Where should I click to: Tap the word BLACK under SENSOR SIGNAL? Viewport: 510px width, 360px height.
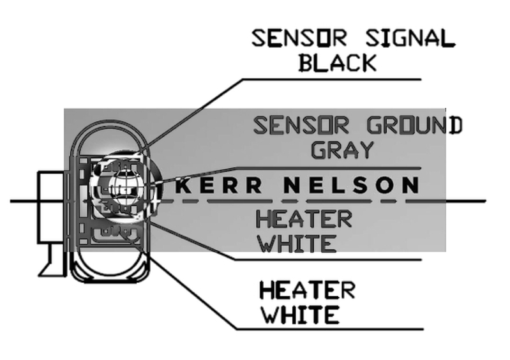tap(338, 63)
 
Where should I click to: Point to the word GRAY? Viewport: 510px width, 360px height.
tap(342, 149)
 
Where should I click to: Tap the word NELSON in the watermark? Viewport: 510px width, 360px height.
tap(350, 186)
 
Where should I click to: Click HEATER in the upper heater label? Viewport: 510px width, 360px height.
tap(303, 219)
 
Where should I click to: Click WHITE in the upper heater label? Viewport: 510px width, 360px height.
tap(295, 243)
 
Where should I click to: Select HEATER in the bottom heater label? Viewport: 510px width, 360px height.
tap(306, 290)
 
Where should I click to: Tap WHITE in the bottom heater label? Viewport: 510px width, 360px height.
tap(298, 315)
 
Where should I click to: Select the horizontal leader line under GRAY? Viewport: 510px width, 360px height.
tap(357, 169)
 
